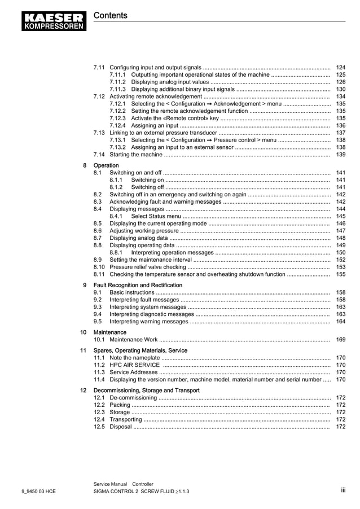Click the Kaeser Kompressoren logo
[x=55, y=20]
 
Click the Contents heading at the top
[x=110, y=15]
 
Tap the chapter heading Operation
[x=106, y=165]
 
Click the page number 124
[x=340, y=67]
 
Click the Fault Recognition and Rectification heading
[x=138, y=285]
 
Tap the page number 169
[x=340, y=340]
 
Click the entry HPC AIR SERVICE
[x=135, y=365]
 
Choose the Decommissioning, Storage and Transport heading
[x=146, y=390]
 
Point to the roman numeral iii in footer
[x=343, y=490]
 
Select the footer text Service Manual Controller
[x=123, y=484]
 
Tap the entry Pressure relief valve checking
[x=148, y=267]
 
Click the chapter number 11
[x=83, y=350]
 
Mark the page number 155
[x=340, y=274]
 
